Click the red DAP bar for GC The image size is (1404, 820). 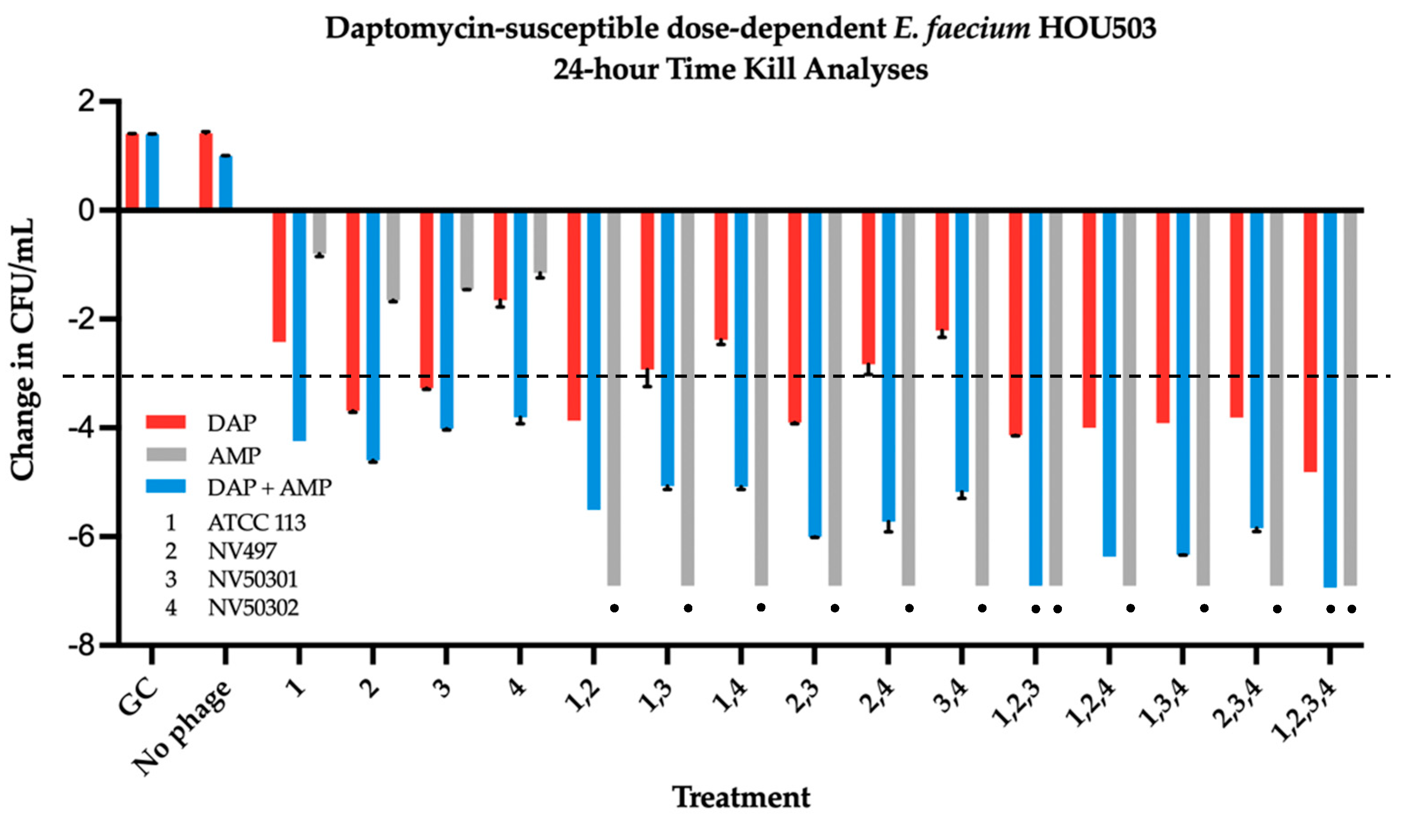(x=132, y=171)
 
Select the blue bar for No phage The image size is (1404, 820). (x=225, y=182)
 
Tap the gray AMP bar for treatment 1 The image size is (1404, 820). (x=319, y=233)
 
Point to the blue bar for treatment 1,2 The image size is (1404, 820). (x=594, y=360)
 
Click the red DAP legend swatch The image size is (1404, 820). (x=166, y=422)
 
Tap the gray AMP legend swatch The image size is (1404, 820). (x=166, y=454)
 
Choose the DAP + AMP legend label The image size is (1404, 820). (x=270, y=487)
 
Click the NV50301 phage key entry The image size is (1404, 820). (x=252, y=579)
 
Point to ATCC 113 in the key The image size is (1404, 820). (x=256, y=523)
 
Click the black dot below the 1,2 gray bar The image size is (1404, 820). (x=615, y=608)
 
